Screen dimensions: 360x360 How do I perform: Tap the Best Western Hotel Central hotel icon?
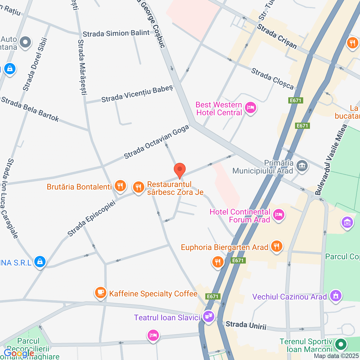coord(250,108)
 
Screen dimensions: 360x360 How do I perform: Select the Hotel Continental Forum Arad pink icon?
coord(278,215)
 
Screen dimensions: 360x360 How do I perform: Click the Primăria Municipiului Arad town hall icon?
coord(302,166)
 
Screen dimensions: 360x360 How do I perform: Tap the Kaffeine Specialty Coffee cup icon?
coord(100,292)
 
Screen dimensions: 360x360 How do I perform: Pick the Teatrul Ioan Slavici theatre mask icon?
coord(208,316)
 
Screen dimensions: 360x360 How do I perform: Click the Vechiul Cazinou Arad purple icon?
coord(336,296)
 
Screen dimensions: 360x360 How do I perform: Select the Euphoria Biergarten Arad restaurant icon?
coord(276,246)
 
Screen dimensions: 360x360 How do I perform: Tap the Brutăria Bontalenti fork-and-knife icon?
coord(120,186)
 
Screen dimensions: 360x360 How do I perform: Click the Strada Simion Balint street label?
coord(116,33)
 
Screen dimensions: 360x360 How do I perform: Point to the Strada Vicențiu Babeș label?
coord(137,94)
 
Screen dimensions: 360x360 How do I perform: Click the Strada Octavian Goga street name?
coord(156,142)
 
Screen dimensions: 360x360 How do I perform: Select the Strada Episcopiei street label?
coord(92,219)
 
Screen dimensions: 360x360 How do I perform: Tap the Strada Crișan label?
coord(277,37)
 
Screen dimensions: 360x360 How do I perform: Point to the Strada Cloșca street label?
coord(272,79)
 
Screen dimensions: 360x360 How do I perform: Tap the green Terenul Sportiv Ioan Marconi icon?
coord(341,344)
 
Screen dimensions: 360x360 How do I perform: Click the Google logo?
coord(19,353)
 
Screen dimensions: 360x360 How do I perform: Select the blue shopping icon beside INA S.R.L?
coord(40,262)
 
